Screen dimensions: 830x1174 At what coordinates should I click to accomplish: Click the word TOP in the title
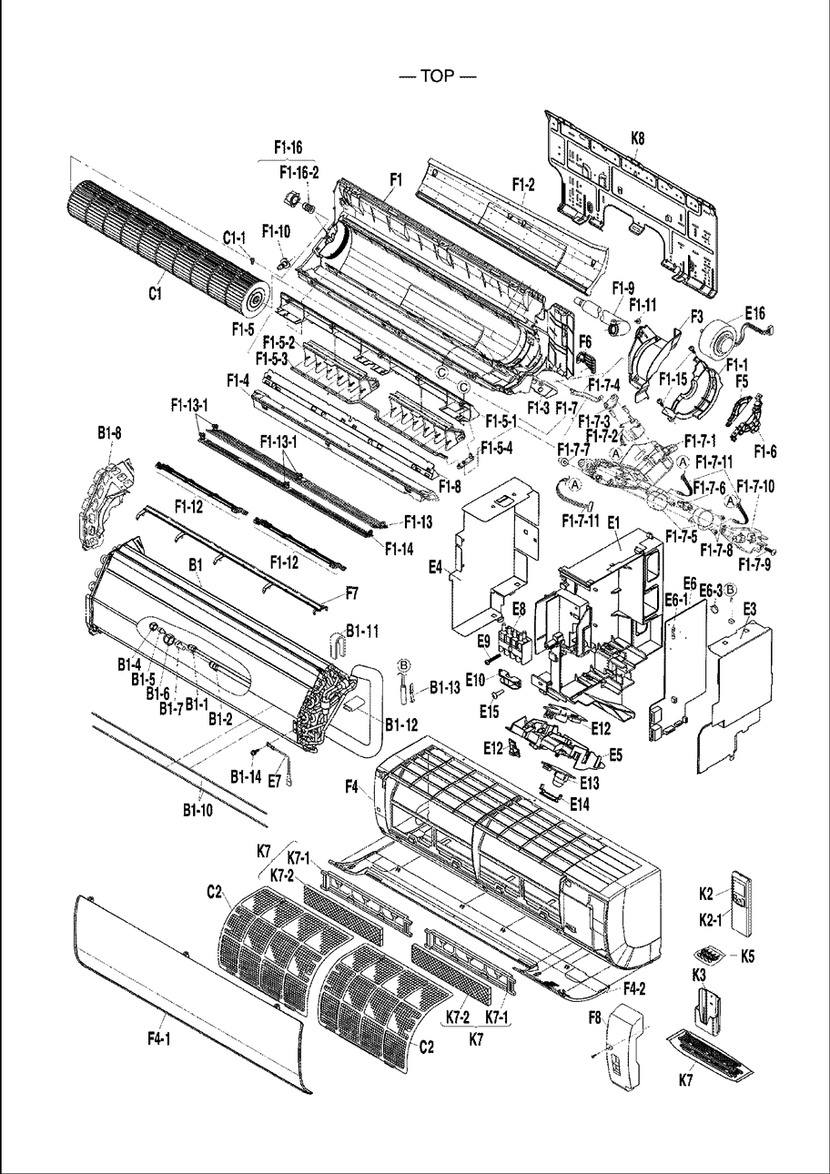click(x=438, y=76)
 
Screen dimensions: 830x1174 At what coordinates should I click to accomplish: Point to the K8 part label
click(x=638, y=138)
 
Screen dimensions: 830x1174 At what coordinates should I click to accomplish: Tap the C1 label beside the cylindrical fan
click(x=154, y=294)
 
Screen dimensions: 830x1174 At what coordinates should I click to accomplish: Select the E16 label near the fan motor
click(x=755, y=313)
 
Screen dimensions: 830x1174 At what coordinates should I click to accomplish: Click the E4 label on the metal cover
click(x=436, y=567)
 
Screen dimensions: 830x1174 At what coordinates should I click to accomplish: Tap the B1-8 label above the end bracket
click(x=109, y=434)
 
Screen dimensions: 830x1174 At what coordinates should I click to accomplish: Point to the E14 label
click(x=580, y=804)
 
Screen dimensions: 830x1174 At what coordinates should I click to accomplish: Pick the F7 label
click(x=352, y=593)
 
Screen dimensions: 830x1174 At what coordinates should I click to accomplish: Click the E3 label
click(x=750, y=610)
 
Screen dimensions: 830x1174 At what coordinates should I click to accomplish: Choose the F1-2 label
click(x=523, y=184)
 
